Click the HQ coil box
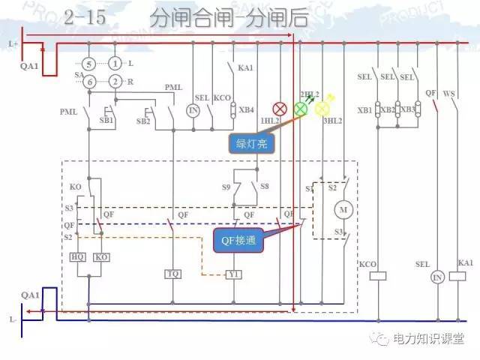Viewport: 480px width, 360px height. click(77, 257)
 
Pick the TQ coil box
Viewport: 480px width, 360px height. click(174, 274)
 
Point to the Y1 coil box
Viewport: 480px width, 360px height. click(234, 274)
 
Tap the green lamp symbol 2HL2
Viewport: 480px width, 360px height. click(300, 109)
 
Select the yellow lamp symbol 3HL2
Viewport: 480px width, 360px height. click(322, 109)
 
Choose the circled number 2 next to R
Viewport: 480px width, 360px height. click(115, 81)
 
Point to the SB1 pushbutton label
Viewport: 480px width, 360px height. click(106, 120)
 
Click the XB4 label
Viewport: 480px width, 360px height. click(247, 109)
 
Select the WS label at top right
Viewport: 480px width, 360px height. click(449, 94)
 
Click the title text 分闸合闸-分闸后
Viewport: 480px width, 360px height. click(229, 19)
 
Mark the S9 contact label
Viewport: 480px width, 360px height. click(226, 185)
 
